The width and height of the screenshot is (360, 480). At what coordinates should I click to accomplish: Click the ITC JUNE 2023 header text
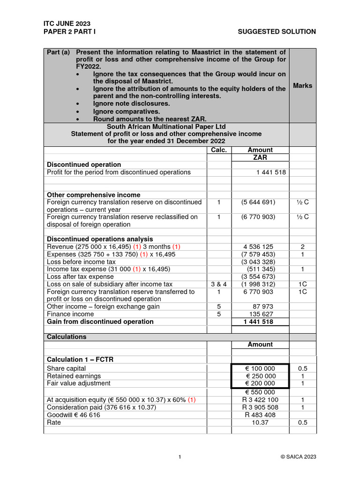67,23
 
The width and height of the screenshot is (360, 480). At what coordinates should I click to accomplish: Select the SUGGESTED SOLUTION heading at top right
277,31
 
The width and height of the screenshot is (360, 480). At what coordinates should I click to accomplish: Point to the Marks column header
302,85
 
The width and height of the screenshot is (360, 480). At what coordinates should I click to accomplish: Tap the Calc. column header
219,150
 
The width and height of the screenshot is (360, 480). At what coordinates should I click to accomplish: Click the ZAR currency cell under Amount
260,157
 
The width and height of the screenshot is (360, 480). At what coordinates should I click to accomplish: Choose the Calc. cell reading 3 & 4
219,284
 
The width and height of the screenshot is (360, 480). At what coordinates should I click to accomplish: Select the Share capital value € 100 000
260,368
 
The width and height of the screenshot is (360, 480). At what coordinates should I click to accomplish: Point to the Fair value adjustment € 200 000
260,383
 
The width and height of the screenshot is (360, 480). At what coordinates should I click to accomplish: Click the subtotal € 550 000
260,392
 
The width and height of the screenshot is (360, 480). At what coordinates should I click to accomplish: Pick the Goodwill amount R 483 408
260,415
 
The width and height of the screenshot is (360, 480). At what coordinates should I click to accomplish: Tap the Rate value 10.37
260,422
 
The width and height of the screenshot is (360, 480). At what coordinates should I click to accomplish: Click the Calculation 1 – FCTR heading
80,360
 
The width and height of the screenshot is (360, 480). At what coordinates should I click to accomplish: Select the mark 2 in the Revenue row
302,247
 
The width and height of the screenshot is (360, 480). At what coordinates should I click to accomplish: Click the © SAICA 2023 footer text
298,457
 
